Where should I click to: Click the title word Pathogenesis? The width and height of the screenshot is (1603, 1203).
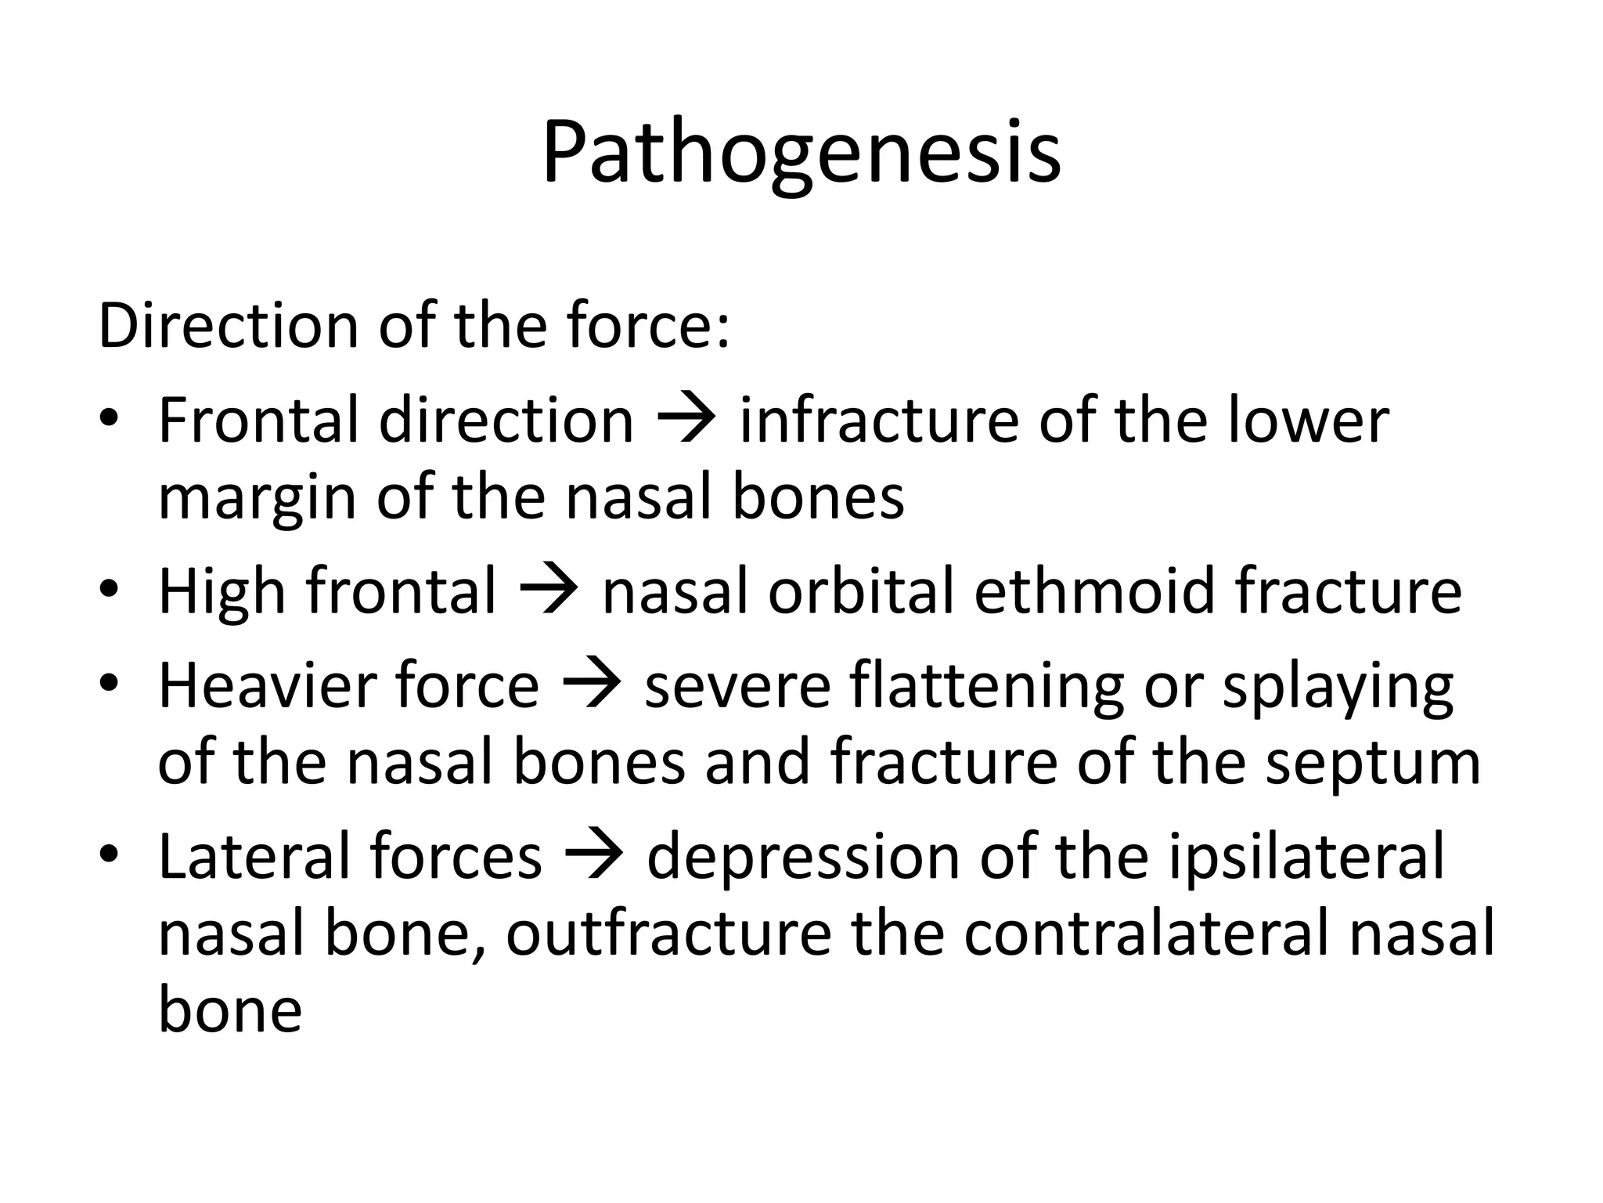tap(801, 154)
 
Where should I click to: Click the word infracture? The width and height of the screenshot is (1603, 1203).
tap(878, 421)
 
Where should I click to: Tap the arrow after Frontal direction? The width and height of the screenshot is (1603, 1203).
tap(686, 421)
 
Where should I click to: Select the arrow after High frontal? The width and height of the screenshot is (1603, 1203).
tap(549, 591)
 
